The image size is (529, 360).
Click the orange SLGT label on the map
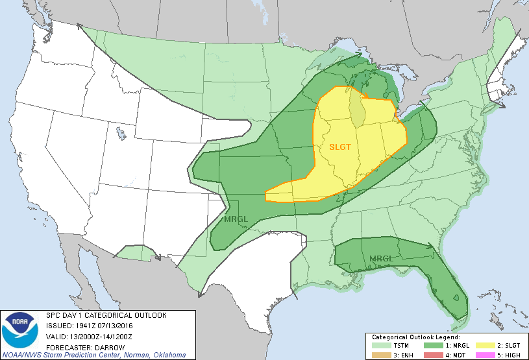[x=339, y=147]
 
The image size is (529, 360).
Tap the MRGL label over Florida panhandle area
[x=381, y=259]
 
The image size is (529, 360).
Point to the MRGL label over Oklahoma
[x=236, y=219]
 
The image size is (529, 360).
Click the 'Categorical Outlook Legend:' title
[x=415, y=338]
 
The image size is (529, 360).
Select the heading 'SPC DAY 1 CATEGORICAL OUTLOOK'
[x=106, y=315]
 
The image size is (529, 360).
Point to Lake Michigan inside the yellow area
[x=356, y=108]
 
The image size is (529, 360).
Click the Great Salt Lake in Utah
[x=121, y=134]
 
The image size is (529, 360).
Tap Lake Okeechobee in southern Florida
[x=459, y=298]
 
